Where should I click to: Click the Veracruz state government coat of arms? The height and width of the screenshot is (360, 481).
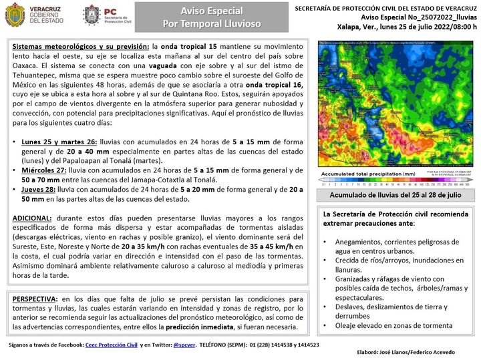[x=15, y=15]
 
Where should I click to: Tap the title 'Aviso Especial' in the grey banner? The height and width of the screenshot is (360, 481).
[x=212, y=11]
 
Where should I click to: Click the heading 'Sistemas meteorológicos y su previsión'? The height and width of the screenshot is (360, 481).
[x=80, y=47]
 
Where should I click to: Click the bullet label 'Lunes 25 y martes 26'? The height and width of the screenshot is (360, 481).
[x=58, y=143]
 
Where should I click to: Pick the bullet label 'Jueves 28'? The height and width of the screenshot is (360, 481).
[x=41, y=189]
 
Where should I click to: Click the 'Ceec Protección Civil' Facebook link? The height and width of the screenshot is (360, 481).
[x=111, y=345]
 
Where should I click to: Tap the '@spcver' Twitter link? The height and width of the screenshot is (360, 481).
[x=184, y=345]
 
